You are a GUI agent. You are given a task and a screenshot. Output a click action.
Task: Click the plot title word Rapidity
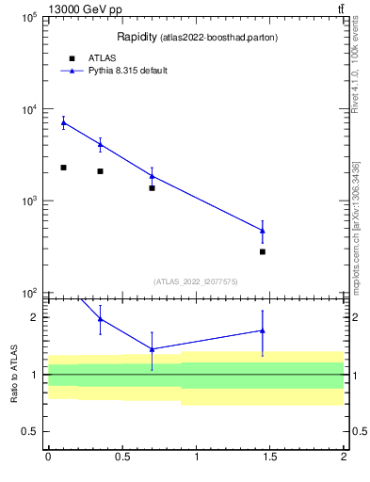click(x=137, y=37)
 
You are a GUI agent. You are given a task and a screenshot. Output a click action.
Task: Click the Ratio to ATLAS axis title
click(x=13, y=375)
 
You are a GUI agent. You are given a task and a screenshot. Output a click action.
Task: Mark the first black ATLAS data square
click(x=63, y=168)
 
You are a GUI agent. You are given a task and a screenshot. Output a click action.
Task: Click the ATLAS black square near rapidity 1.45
click(x=263, y=251)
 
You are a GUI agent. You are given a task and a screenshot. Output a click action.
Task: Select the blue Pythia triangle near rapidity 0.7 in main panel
click(x=152, y=176)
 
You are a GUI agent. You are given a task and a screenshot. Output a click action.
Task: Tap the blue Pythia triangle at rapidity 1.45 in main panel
click(x=263, y=231)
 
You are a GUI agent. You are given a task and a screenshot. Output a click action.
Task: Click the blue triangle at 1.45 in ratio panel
click(x=263, y=330)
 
